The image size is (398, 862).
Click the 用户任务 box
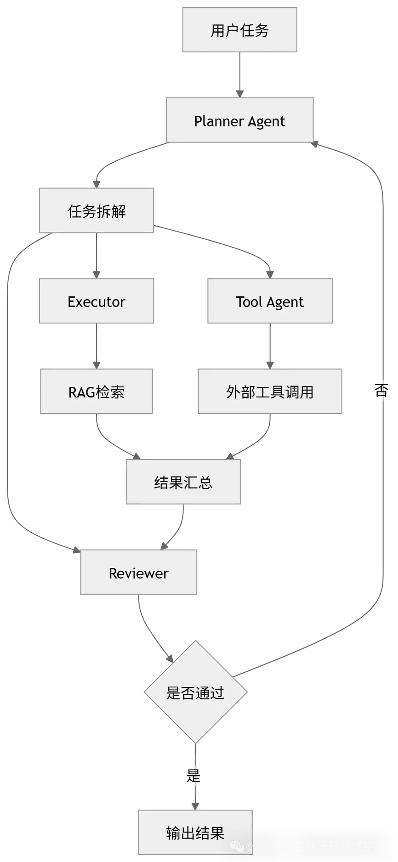[x=239, y=30]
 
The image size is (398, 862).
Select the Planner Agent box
[x=240, y=120]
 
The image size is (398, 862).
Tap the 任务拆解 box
[x=96, y=211]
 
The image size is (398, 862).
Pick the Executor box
[x=96, y=301]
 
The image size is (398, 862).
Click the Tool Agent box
[x=270, y=301]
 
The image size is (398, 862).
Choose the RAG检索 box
[x=96, y=391]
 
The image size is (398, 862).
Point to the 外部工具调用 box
[x=270, y=391]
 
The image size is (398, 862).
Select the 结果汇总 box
[x=183, y=482]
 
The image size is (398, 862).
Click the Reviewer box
[x=138, y=573]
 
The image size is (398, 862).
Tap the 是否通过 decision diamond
[x=195, y=692]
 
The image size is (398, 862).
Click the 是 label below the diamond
[x=194, y=775]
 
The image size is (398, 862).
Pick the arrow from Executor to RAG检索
[x=97, y=346]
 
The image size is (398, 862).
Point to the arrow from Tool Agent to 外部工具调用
[x=270, y=346]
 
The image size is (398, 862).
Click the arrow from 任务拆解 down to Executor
[x=97, y=255]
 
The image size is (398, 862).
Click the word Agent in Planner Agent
[x=266, y=121]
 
